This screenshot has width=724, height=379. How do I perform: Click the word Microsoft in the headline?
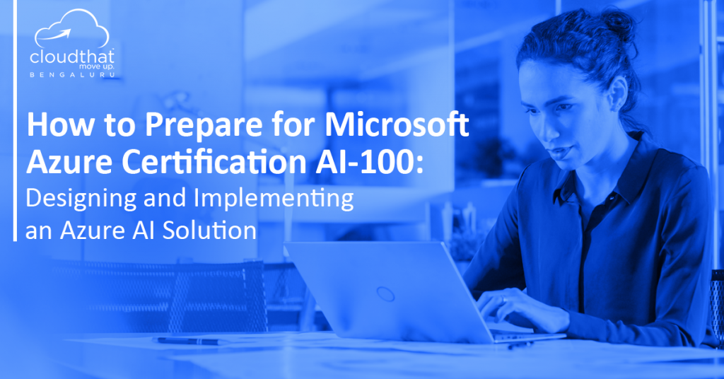(x=397, y=124)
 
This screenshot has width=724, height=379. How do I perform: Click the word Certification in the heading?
(x=214, y=162)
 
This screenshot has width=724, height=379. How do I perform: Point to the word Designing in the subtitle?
(x=81, y=199)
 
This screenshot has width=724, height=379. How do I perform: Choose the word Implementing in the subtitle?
(x=274, y=199)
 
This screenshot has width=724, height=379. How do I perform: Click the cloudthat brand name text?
(x=72, y=57)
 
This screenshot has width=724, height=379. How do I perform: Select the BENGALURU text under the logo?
(x=73, y=75)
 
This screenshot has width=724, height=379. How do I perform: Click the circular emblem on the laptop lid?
(x=385, y=293)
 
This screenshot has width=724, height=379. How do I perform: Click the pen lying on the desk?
(x=189, y=341)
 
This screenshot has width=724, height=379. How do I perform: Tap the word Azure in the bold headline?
(x=69, y=162)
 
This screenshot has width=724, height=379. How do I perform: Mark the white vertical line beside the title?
(x=16, y=120)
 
